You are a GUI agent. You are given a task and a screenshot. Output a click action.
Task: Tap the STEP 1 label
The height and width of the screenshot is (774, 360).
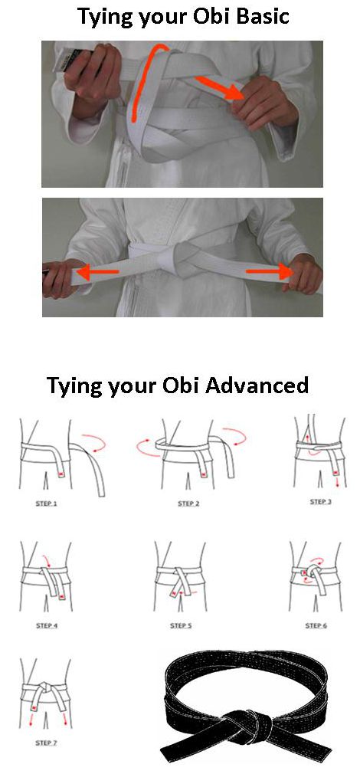47,504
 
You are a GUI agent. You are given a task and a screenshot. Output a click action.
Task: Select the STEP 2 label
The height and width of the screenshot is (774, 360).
188,504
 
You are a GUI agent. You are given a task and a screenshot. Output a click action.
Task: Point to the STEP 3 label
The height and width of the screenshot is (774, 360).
320,502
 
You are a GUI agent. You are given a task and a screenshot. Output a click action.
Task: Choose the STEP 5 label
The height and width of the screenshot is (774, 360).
181,626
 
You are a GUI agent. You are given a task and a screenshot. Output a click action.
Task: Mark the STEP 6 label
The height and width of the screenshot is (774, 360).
316,626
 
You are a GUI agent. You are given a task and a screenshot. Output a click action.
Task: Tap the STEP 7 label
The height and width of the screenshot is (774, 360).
47,743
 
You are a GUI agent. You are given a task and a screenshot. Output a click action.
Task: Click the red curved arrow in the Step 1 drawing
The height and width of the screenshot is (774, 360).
94,441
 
